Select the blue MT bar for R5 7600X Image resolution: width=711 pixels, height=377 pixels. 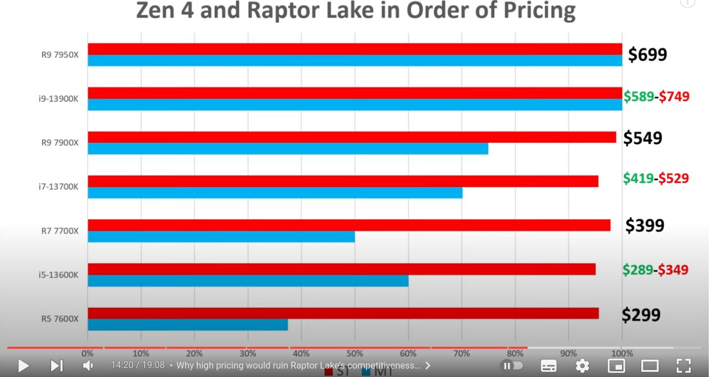click(x=188, y=325)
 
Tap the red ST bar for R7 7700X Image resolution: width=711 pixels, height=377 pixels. click(x=349, y=225)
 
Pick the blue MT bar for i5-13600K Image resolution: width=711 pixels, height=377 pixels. click(x=248, y=280)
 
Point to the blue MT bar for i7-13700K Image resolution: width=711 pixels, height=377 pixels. click(x=275, y=192)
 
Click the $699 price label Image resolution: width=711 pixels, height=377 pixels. click(x=647, y=55)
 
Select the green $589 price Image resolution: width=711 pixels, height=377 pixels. click(x=638, y=96)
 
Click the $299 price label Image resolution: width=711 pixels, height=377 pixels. click(x=641, y=315)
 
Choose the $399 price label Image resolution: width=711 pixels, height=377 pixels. click(x=645, y=226)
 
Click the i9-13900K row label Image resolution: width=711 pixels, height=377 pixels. click(x=58, y=99)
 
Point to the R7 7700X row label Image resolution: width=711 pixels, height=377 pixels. click(x=60, y=231)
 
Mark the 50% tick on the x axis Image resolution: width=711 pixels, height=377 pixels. click(x=354, y=353)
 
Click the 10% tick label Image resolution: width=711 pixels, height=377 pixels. click(x=141, y=353)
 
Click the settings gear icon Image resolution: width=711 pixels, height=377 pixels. click(x=582, y=366)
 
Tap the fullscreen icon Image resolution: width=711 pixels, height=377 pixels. click(x=683, y=366)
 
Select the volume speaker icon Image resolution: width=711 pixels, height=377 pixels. click(x=88, y=366)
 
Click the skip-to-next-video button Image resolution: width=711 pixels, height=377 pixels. click(x=56, y=366)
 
